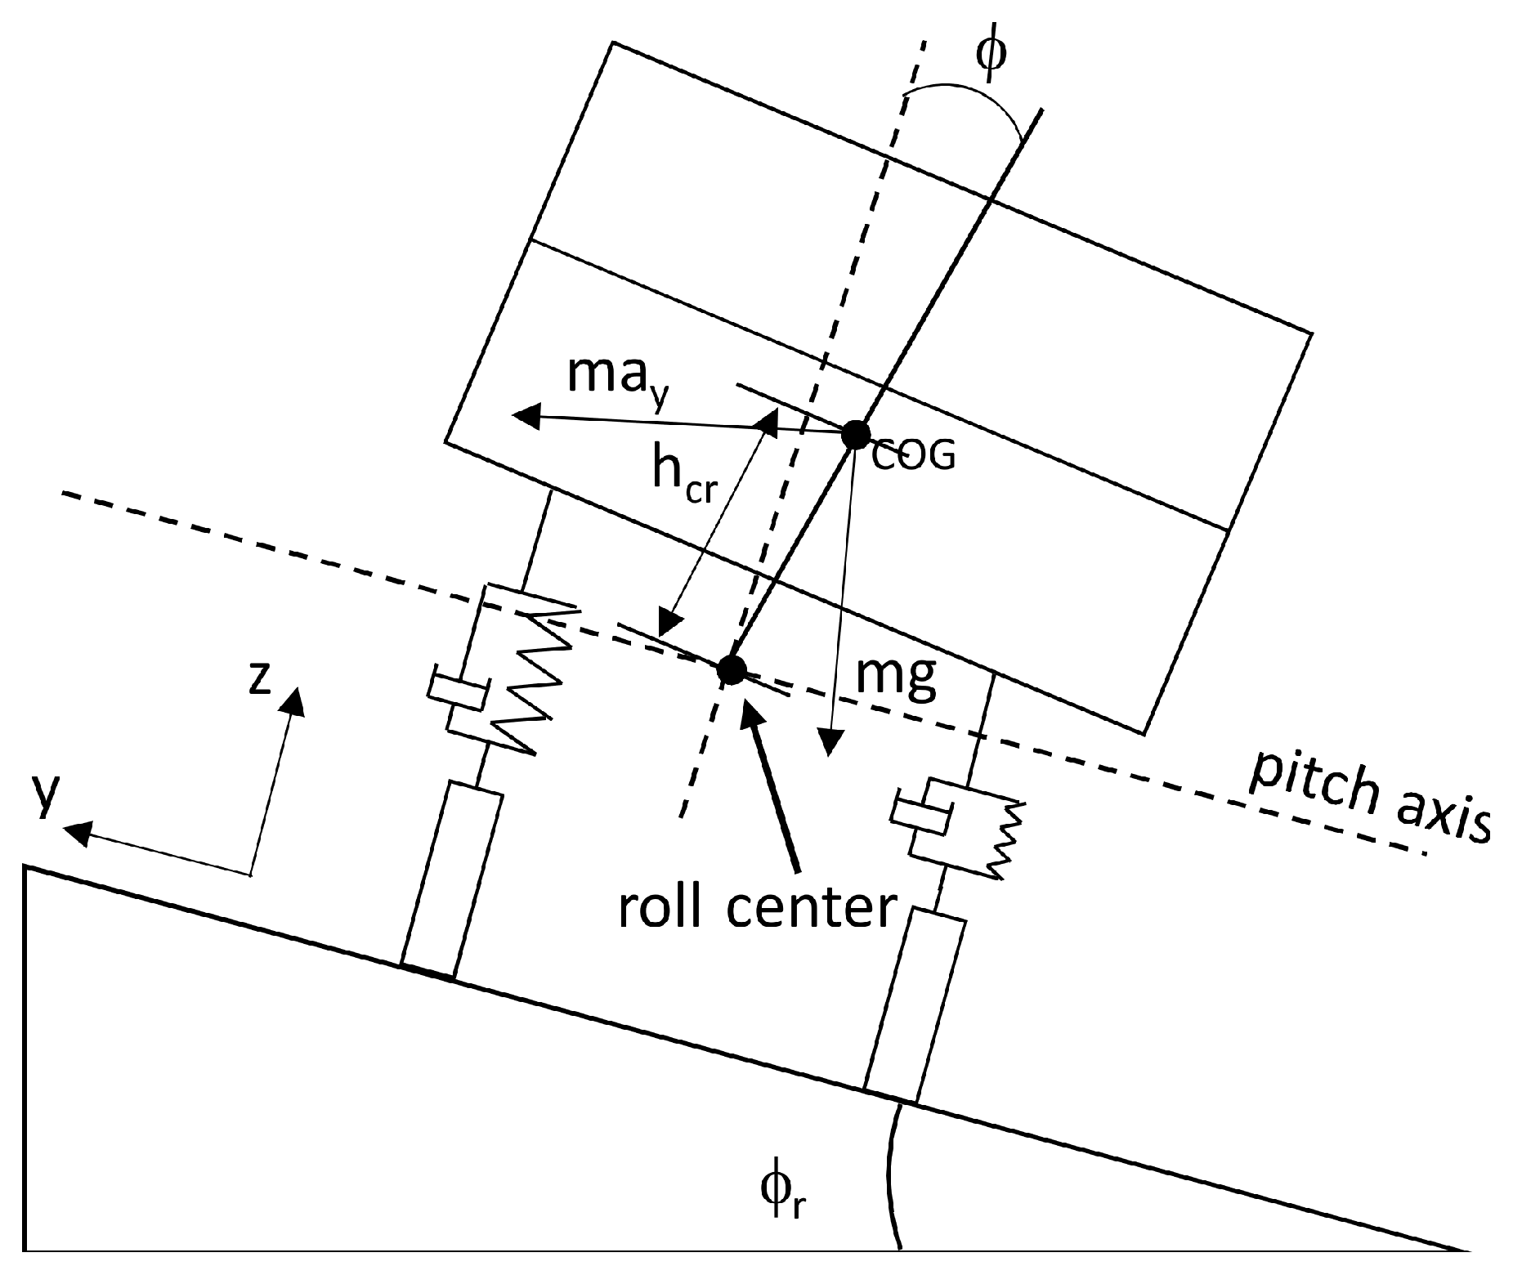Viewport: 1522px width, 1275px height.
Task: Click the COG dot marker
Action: click(x=855, y=434)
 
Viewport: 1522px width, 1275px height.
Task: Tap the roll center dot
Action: click(x=731, y=669)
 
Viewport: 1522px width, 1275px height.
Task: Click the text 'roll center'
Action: click(x=757, y=907)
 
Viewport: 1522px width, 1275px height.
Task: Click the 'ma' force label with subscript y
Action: click(x=618, y=378)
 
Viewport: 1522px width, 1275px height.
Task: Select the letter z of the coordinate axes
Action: click(x=260, y=679)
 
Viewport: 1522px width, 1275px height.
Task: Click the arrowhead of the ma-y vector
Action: click(x=525, y=415)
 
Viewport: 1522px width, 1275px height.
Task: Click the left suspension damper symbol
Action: click(x=458, y=692)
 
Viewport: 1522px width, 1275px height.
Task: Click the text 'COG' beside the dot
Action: click(x=913, y=457)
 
